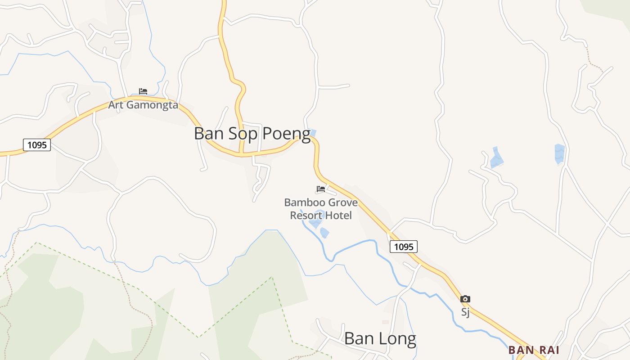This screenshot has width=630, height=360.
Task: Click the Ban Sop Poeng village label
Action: coord(252,134)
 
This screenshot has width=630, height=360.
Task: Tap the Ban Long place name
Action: coord(380,338)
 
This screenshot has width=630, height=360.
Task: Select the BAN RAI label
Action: coord(534,350)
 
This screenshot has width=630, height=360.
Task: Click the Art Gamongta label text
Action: coord(143,105)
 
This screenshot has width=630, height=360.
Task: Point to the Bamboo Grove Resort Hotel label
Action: coord(321,209)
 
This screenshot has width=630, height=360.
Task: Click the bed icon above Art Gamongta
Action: coord(143,91)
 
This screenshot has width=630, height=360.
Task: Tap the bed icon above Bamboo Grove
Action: coord(321,189)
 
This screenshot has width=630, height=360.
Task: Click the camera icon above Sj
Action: coord(465,299)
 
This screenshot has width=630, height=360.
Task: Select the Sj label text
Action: coord(465,311)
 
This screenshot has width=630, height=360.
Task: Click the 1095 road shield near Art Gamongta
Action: coord(37,145)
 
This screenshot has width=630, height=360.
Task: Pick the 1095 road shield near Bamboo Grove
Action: coord(403,247)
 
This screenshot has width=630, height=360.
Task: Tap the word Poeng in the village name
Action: coord(286,134)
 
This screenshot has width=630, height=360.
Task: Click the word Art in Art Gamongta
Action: coord(115,105)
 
